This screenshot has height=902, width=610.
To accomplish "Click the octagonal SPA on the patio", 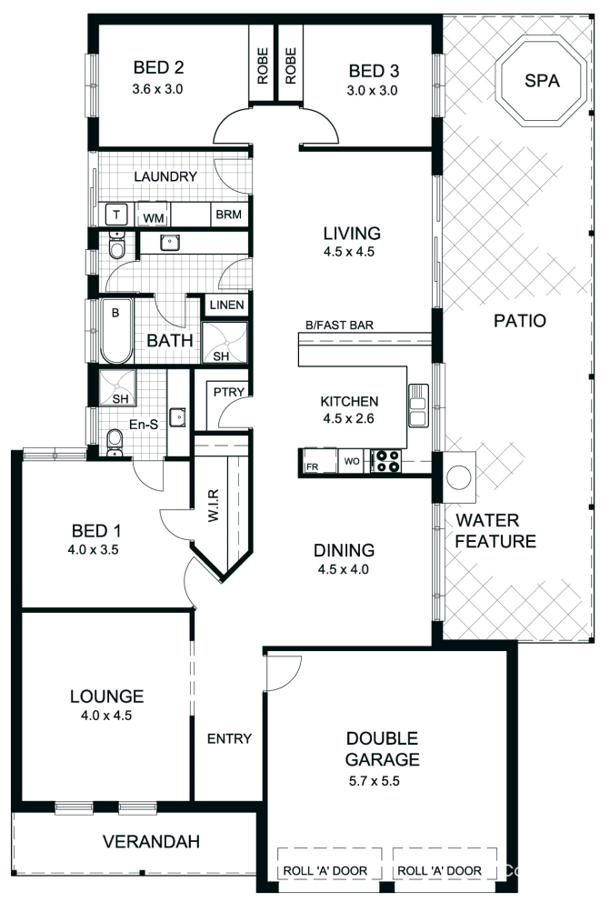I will (x=542, y=81).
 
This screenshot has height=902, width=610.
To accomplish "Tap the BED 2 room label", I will (x=159, y=67).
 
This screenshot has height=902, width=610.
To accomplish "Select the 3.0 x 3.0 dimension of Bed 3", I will (x=373, y=91).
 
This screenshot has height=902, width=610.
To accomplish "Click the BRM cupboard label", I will (x=225, y=215).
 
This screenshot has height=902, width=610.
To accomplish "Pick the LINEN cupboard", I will (x=225, y=306).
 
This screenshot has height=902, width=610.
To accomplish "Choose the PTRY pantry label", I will (x=225, y=392).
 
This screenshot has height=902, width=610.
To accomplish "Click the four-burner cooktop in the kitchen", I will (x=388, y=462).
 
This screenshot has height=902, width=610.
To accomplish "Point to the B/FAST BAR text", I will (x=340, y=325).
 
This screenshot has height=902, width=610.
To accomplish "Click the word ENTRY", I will (x=229, y=738).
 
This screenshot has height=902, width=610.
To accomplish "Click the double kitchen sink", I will (x=418, y=406).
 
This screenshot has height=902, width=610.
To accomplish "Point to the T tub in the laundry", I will (x=116, y=215).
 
